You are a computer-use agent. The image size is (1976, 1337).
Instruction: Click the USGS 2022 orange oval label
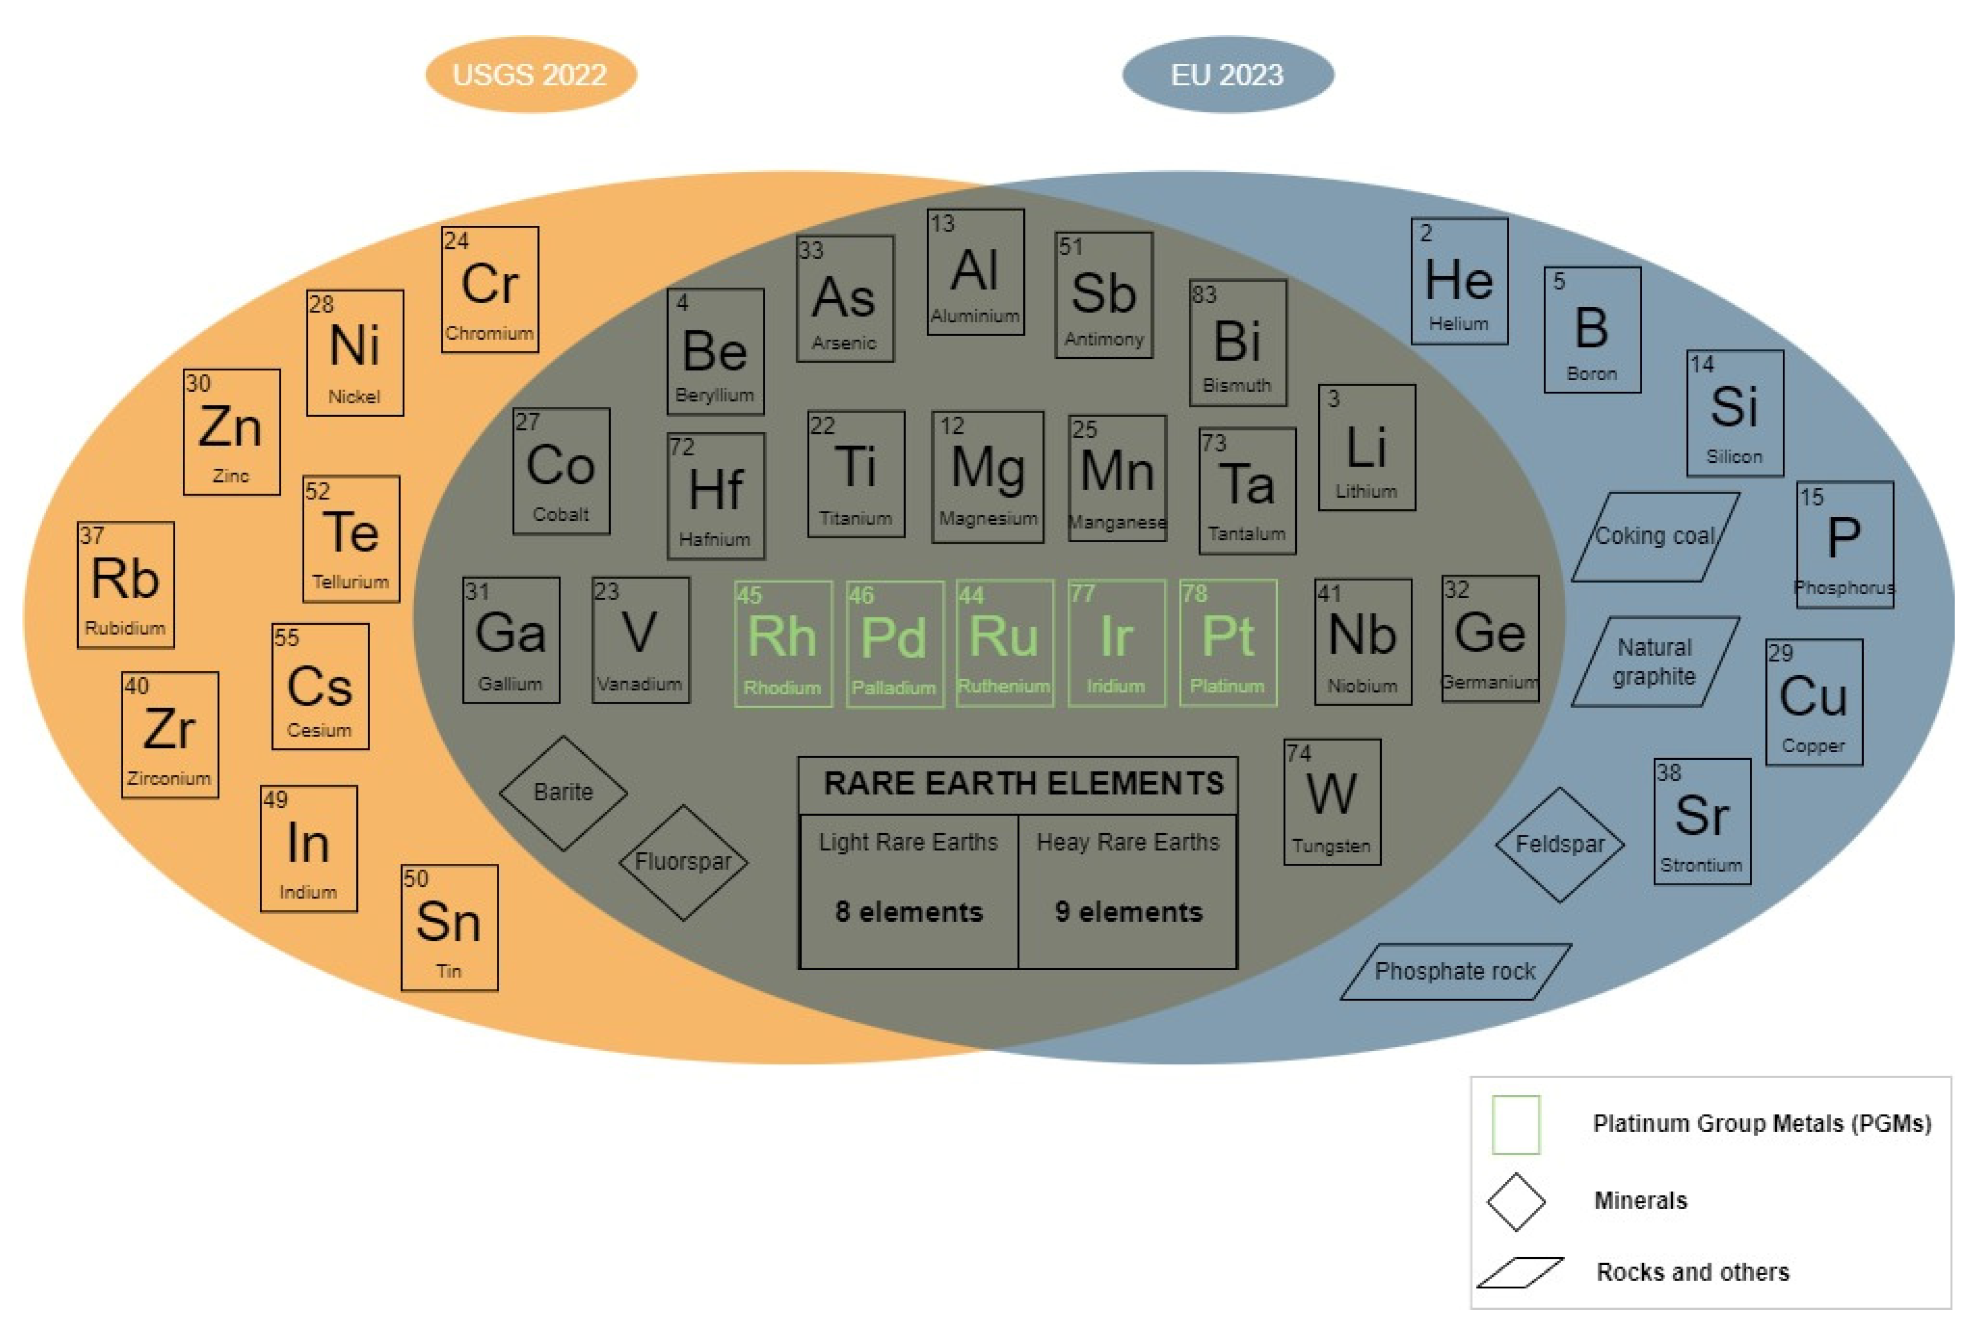531,75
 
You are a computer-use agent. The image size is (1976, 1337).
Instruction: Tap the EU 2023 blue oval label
1227,75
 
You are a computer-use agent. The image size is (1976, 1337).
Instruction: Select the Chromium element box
490,289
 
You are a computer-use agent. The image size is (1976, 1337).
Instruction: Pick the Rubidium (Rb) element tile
126,585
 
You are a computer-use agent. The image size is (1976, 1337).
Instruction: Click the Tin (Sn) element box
449,927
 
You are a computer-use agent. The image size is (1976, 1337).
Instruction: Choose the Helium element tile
1459,281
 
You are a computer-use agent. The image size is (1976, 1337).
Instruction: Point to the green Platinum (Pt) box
1228,643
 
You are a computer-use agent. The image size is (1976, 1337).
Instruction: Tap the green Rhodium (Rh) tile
782,643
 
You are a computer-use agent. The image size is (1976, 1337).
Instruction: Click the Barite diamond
563,792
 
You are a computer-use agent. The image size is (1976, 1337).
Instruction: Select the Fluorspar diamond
683,862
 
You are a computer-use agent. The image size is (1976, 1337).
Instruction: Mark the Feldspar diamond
1560,844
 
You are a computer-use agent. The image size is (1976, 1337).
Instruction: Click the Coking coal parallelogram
1655,536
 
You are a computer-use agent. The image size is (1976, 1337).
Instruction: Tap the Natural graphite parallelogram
1655,661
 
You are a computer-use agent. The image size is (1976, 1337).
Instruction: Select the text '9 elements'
1128,912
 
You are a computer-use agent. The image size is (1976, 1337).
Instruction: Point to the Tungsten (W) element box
1331,801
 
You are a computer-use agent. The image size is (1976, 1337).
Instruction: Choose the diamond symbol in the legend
1515,1201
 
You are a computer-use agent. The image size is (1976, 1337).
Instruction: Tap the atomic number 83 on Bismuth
1204,295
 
